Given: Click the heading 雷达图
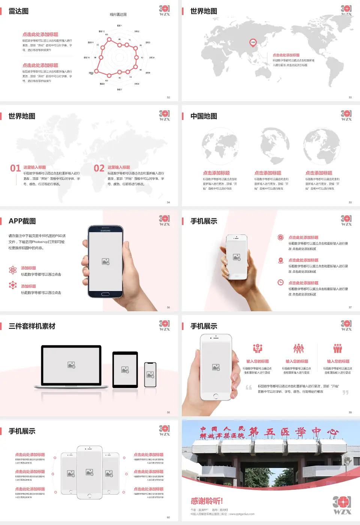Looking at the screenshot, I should point(18,11).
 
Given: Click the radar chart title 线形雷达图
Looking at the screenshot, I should point(118,15).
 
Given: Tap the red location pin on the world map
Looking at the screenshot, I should point(253,42).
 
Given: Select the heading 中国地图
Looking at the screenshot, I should point(204,116).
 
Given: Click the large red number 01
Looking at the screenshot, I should point(15,168).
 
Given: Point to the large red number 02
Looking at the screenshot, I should point(99,168).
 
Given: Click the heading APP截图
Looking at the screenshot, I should point(22,221).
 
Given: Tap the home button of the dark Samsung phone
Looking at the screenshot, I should point(105,294).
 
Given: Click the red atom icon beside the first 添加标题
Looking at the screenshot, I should point(13,270).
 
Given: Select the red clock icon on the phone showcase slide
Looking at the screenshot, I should point(280,282).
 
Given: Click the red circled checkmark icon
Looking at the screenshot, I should point(280,237).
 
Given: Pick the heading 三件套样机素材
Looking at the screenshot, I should point(32,326).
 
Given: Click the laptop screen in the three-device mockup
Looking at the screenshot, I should point(71,365).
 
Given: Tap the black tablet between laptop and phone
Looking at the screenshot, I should point(125,370).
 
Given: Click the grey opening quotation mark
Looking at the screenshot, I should point(249,387).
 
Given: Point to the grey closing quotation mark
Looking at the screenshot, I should point(345,392).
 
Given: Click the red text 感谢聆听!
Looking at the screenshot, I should point(207,501).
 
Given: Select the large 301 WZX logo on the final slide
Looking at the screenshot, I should point(342,505).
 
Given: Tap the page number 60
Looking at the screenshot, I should point(168,517).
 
